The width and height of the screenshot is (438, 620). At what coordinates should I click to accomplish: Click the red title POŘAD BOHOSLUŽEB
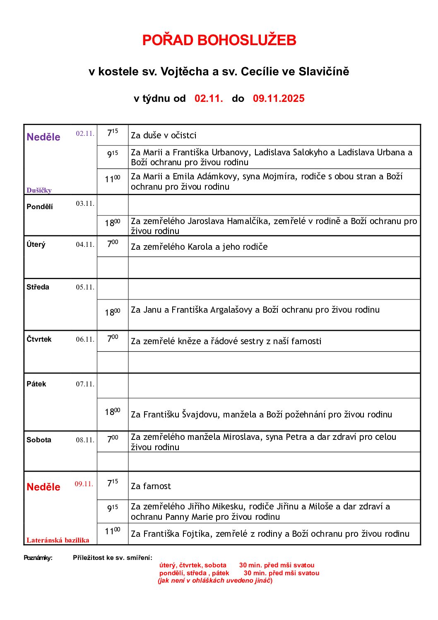click(x=219, y=40)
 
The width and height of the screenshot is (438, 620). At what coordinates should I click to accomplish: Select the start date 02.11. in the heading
click(x=209, y=99)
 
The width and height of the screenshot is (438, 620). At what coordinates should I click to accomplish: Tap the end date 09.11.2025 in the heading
click(x=279, y=99)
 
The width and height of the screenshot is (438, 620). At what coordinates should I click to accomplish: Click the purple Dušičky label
click(x=39, y=191)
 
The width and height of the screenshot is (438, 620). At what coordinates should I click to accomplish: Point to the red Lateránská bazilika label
click(x=58, y=540)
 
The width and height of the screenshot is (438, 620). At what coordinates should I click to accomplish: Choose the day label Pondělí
click(x=40, y=207)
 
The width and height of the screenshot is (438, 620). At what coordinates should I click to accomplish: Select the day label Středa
click(x=38, y=287)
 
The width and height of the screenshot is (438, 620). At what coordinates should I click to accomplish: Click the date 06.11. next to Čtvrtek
click(x=85, y=339)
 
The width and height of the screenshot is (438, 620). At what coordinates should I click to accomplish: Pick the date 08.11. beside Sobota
click(x=85, y=440)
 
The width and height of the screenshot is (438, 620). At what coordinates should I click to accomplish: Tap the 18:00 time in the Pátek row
click(x=112, y=412)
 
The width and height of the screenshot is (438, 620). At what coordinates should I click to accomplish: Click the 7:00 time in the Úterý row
click(x=112, y=244)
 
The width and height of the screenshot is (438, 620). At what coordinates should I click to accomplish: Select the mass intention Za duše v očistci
click(x=164, y=135)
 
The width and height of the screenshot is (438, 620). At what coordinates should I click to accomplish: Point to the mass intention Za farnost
click(x=151, y=486)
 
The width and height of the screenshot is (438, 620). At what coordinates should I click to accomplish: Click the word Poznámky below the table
click(x=38, y=558)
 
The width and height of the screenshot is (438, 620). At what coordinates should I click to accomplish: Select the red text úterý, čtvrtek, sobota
click(x=193, y=565)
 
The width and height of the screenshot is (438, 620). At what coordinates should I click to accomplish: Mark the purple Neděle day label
click(x=43, y=137)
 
